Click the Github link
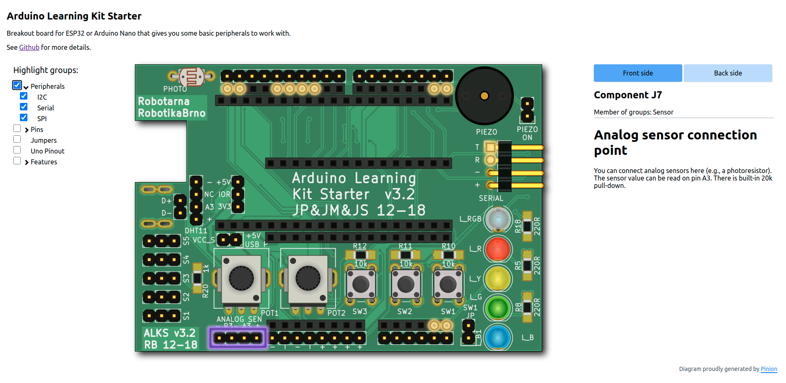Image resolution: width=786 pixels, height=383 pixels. pyautogui.click(x=29, y=47)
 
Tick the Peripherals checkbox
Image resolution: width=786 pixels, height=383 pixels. pyautogui.click(x=17, y=85)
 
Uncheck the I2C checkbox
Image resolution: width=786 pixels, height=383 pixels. pyautogui.click(x=24, y=96)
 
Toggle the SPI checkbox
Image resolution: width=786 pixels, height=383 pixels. pyautogui.click(x=24, y=118)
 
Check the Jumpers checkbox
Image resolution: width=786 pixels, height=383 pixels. pyautogui.click(x=17, y=139)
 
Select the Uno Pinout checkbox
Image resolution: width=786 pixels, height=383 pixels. pyautogui.click(x=17, y=150)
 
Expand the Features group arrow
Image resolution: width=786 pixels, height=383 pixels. pyautogui.click(x=27, y=162)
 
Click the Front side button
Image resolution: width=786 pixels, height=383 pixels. pyautogui.click(x=637, y=73)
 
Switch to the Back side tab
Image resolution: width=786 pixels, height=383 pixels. pyautogui.click(x=727, y=73)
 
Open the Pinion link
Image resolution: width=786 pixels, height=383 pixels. pyautogui.click(x=769, y=369)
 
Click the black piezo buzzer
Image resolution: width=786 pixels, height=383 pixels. pyautogui.click(x=484, y=96)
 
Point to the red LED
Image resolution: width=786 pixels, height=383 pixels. pyautogui.click(x=498, y=249)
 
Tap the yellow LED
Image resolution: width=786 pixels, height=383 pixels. pyautogui.click(x=498, y=278)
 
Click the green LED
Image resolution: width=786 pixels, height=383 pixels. pyautogui.click(x=498, y=308)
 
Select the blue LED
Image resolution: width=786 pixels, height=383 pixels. pyautogui.click(x=498, y=337)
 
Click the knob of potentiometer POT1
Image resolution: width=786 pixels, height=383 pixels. pyautogui.click(x=241, y=278)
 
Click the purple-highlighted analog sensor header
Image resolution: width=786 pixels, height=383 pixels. pyautogui.click(x=238, y=338)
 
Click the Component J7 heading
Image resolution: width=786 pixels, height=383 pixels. pyautogui.click(x=627, y=95)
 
